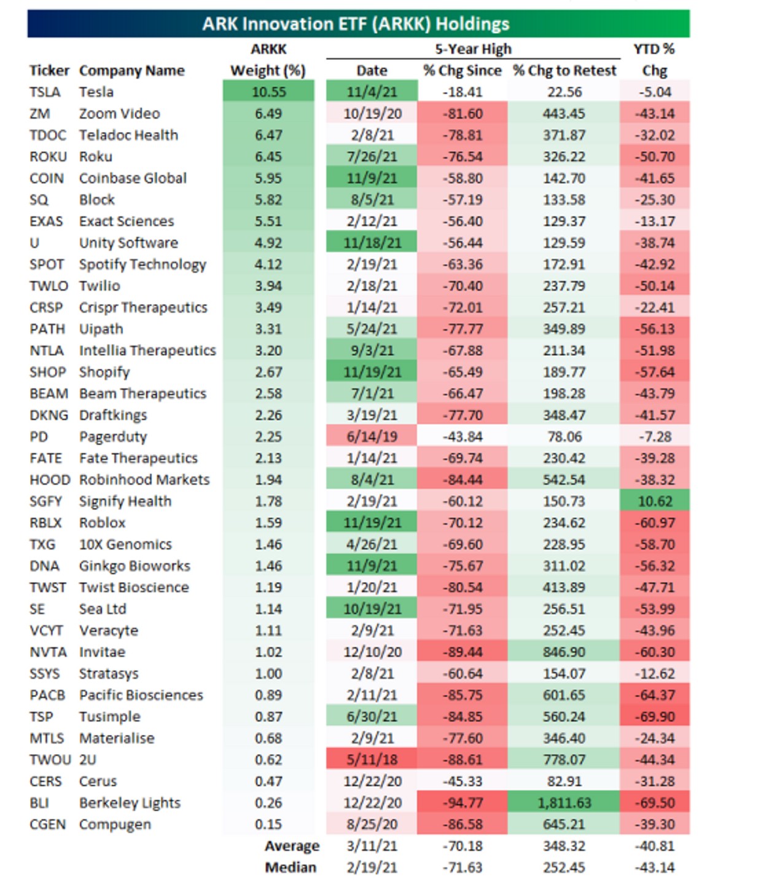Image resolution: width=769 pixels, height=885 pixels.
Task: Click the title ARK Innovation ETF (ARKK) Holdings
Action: (356, 24)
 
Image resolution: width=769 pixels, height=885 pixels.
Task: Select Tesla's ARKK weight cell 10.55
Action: (268, 92)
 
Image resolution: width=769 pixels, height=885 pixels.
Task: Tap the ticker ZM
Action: (39, 114)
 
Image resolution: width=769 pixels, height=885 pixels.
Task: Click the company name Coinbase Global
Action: (133, 178)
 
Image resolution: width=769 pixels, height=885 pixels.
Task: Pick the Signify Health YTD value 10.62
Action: (655, 502)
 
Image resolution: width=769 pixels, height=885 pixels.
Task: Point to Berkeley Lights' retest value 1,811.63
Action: (564, 803)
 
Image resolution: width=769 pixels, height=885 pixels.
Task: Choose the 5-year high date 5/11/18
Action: (372, 760)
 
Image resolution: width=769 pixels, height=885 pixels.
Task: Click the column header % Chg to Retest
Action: (564, 71)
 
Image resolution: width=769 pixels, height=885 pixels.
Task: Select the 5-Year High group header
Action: (473, 49)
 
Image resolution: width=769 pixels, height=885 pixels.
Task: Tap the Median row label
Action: (291, 867)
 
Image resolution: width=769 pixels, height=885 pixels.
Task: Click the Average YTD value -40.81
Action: (655, 846)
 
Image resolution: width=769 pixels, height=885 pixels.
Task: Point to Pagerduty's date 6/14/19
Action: (372, 437)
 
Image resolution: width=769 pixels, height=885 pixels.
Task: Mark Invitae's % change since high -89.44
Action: (463, 652)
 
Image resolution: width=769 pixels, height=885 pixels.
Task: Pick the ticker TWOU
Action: (50, 760)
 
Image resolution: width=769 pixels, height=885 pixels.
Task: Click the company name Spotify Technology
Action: (142, 264)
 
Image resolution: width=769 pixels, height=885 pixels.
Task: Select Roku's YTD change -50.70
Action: (655, 157)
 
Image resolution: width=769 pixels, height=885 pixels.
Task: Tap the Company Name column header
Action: (131, 71)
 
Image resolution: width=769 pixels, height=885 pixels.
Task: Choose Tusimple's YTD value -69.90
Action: (655, 717)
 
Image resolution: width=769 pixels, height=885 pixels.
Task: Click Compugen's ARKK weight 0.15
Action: (268, 824)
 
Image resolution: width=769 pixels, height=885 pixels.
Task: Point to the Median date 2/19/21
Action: (372, 867)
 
